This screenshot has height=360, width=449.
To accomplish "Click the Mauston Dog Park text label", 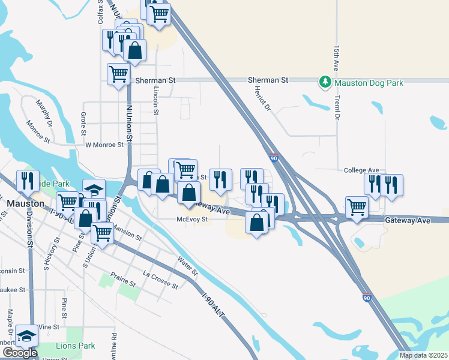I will pos(369,83).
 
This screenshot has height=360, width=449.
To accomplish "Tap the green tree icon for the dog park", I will pos(325,82).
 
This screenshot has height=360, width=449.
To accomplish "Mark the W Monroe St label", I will pos(104,145).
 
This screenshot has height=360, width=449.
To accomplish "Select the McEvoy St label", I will pos(191,220).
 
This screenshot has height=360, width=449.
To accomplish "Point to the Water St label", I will pos(187,266).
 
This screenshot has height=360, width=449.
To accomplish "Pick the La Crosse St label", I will pos(160,280).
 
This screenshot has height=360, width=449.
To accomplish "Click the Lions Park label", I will pos(76,346).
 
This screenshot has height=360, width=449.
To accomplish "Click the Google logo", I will pos(20,353).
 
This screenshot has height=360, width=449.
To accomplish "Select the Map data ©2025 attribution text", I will pos(423,355).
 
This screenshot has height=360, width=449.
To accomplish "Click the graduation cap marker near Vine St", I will pos(26,336).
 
